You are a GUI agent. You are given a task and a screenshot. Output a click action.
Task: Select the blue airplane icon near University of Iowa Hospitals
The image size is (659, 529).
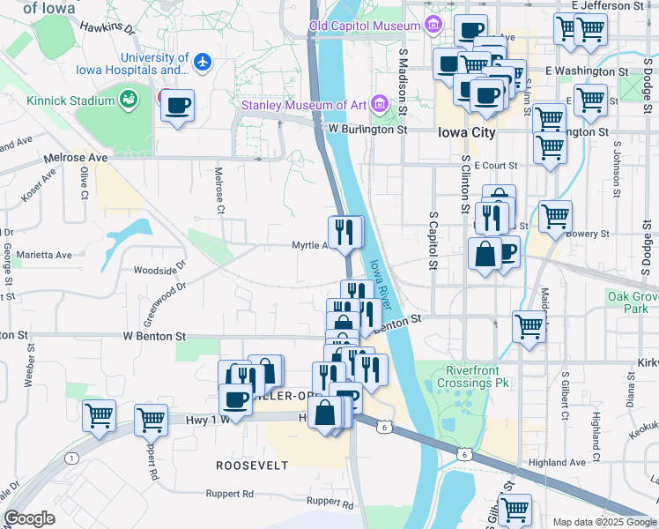[x=204, y=62]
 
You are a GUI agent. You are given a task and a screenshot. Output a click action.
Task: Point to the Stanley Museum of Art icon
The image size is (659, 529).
[x=381, y=104]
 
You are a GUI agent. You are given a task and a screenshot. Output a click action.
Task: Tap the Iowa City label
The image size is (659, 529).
[x=466, y=132]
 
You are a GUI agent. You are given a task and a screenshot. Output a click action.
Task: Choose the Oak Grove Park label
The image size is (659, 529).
[x=633, y=302]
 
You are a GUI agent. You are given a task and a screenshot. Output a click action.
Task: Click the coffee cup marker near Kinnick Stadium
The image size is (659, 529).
[x=178, y=106]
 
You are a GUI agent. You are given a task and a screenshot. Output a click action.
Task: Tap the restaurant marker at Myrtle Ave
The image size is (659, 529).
[x=345, y=233]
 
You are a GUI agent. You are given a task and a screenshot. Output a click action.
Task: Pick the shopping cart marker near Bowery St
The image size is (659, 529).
[x=555, y=216]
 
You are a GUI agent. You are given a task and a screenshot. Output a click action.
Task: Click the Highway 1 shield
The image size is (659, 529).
[x=70, y=458]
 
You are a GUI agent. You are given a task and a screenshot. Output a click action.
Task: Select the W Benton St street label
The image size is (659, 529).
[x=154, y=336]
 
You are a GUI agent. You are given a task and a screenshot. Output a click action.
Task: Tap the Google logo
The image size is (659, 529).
[x=29, y=518]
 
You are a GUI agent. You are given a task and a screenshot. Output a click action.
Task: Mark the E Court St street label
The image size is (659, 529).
[x=495, y=165]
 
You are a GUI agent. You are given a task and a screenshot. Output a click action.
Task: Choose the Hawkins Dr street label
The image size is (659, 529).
[x=107, y=28]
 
